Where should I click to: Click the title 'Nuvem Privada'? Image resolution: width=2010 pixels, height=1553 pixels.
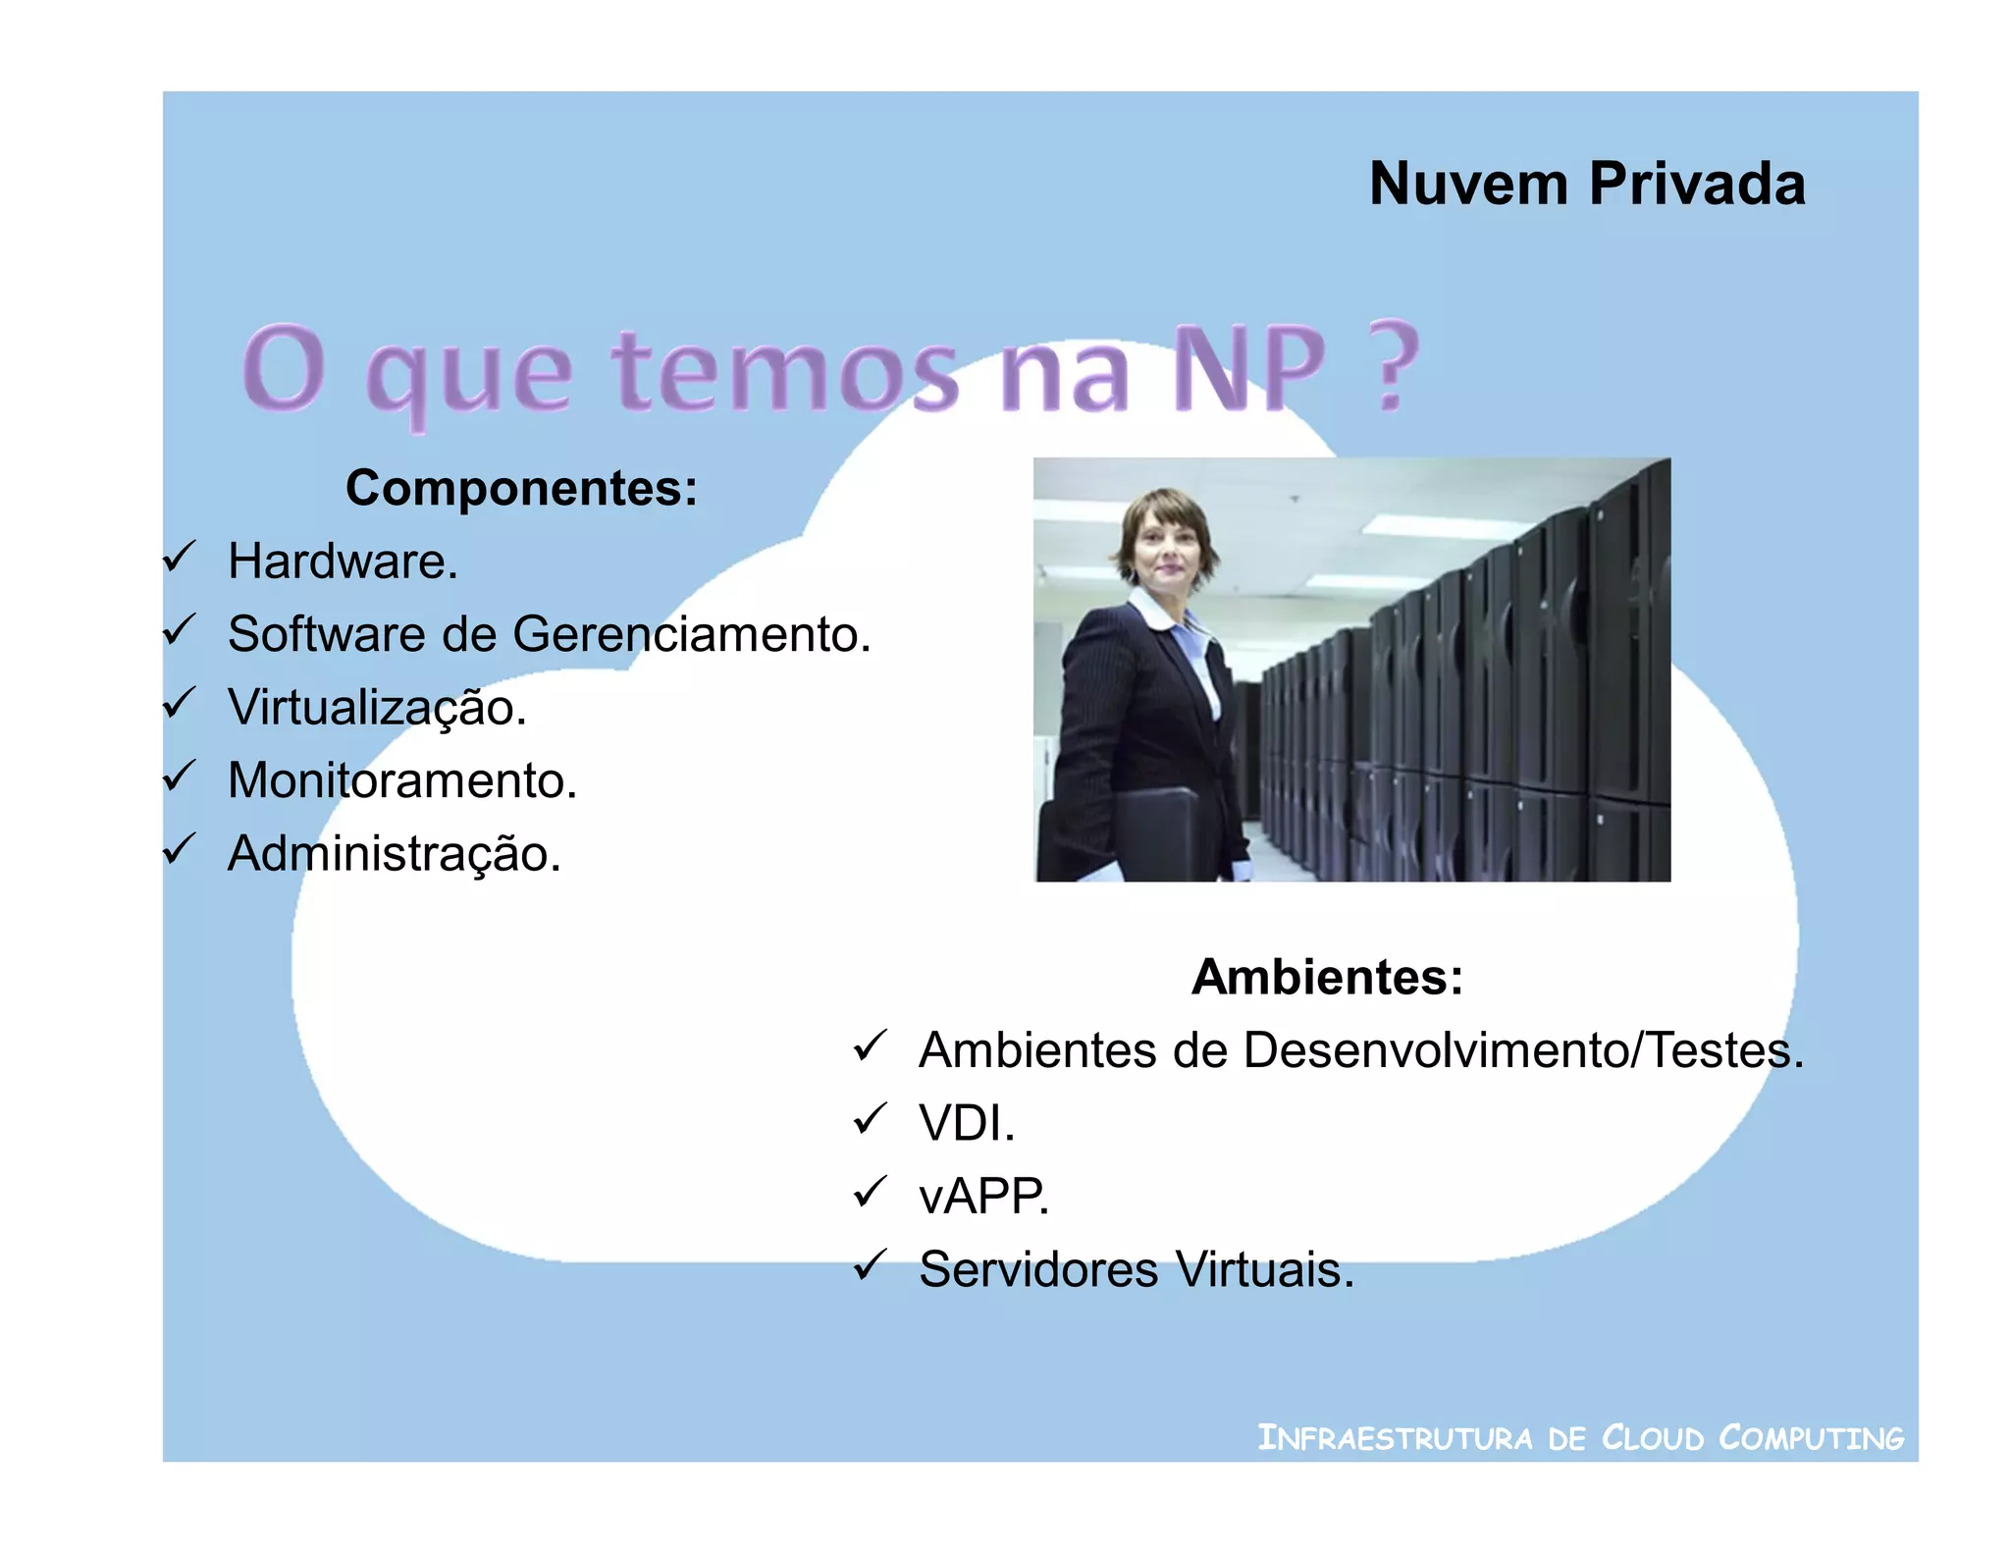click(1586, 184)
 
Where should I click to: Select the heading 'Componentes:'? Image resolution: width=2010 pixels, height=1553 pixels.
click(521, 488)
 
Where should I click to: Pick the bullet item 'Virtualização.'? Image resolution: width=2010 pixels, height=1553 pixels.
click(377, 708)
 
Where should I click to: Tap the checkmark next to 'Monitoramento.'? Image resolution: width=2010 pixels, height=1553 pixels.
click(180, 776)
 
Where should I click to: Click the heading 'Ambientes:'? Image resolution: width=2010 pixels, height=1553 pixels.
click(1327, 977)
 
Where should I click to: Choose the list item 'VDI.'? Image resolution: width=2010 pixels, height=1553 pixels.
click(966, 1123)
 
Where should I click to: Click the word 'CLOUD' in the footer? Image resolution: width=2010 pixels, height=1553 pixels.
click(1653, 1438)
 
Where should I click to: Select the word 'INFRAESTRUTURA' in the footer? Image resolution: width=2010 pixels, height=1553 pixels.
click(1395, 1438)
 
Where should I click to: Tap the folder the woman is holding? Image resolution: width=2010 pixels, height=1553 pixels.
click(1158, 834)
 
